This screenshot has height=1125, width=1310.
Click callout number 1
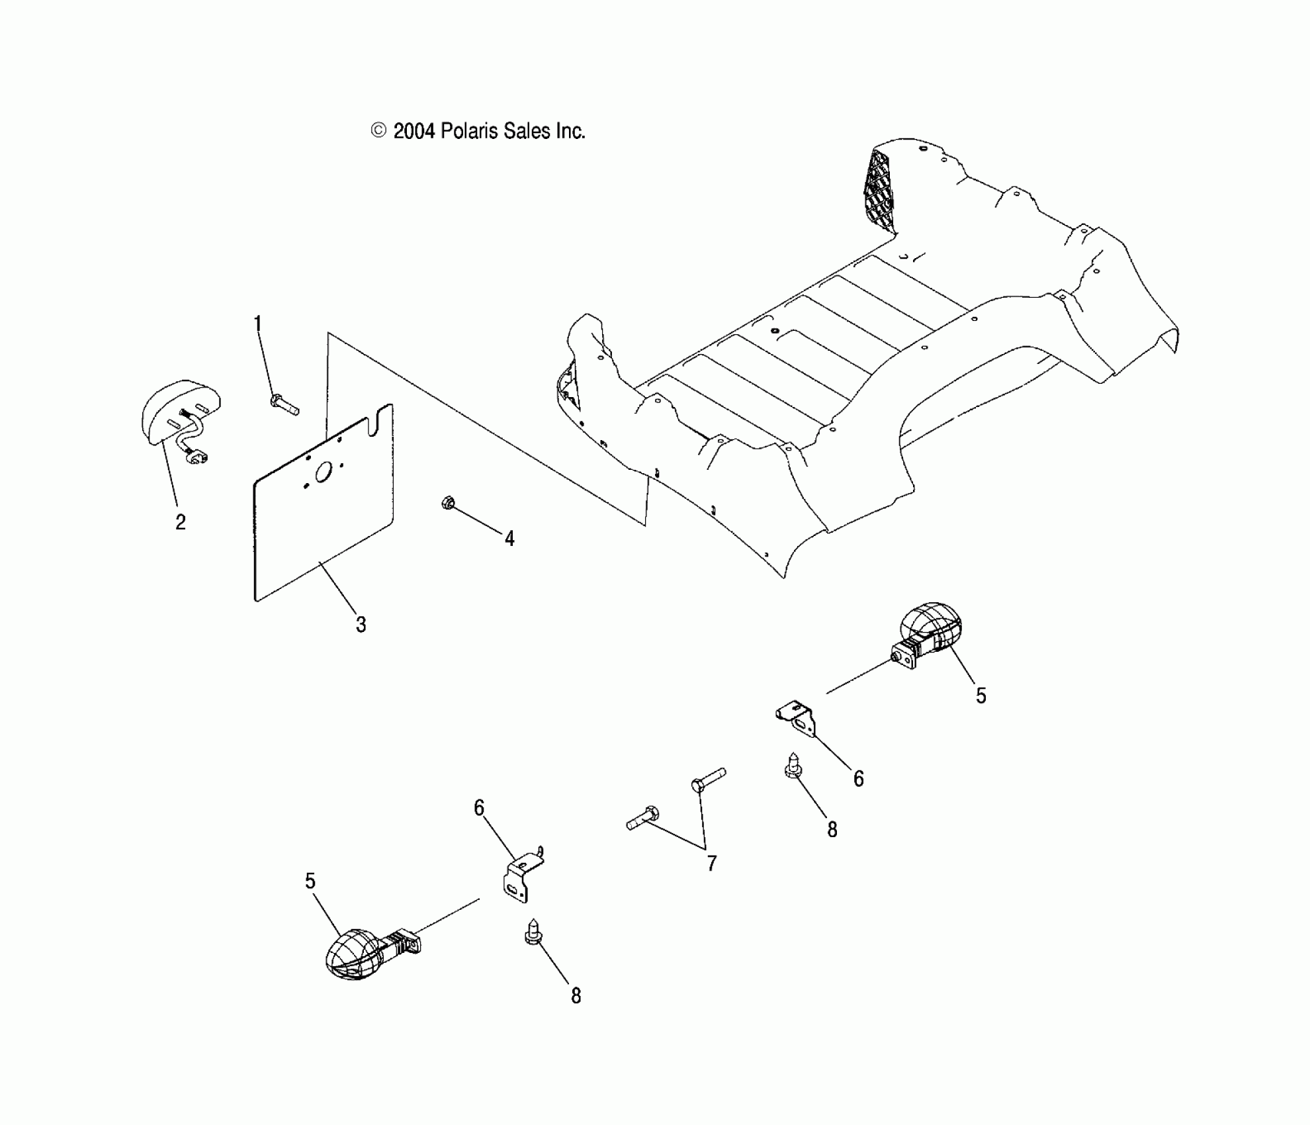tap(258, 324)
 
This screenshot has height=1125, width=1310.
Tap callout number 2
tap(181, 522)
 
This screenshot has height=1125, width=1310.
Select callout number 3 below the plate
tap(361, 624)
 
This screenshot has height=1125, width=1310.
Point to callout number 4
tap(509, 539)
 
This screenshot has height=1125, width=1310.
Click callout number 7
tap(711, 863)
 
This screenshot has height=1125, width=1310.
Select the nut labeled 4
tap(447, 503)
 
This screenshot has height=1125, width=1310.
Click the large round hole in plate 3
tap(324, 472)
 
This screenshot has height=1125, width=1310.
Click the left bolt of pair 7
tap(642, 819)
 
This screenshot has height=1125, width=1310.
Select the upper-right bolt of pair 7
tap(708, 779)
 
